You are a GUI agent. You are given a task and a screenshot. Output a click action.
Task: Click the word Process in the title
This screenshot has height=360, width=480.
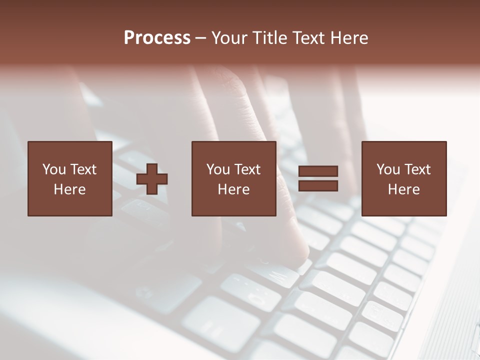pyautogui.click(x=157, y=38)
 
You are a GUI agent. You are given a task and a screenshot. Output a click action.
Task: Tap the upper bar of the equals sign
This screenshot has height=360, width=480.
pyautogui.click(x=318, y=171)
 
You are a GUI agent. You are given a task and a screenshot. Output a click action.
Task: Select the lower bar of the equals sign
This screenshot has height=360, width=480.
pyautogui.click(x=318, y=186)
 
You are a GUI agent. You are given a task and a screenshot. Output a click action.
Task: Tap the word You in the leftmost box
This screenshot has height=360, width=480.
pyautogui.click(x=54, y=169)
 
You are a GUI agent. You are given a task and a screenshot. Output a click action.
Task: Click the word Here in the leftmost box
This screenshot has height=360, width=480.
pyautogui.click(x=69, y=189)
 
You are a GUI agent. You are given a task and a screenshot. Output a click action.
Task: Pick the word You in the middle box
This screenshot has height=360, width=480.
pyautogui.click(x=218, y=169)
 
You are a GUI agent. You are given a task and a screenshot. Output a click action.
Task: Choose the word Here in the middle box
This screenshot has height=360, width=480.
pyautogui.click(x=233, y=189)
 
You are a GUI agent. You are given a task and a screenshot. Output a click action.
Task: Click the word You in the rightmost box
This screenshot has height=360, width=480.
pyautogui.click(x=388, y=169)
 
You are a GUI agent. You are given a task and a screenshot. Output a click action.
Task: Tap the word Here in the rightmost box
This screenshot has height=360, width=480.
pyautogui.click(x=403, y=189)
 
